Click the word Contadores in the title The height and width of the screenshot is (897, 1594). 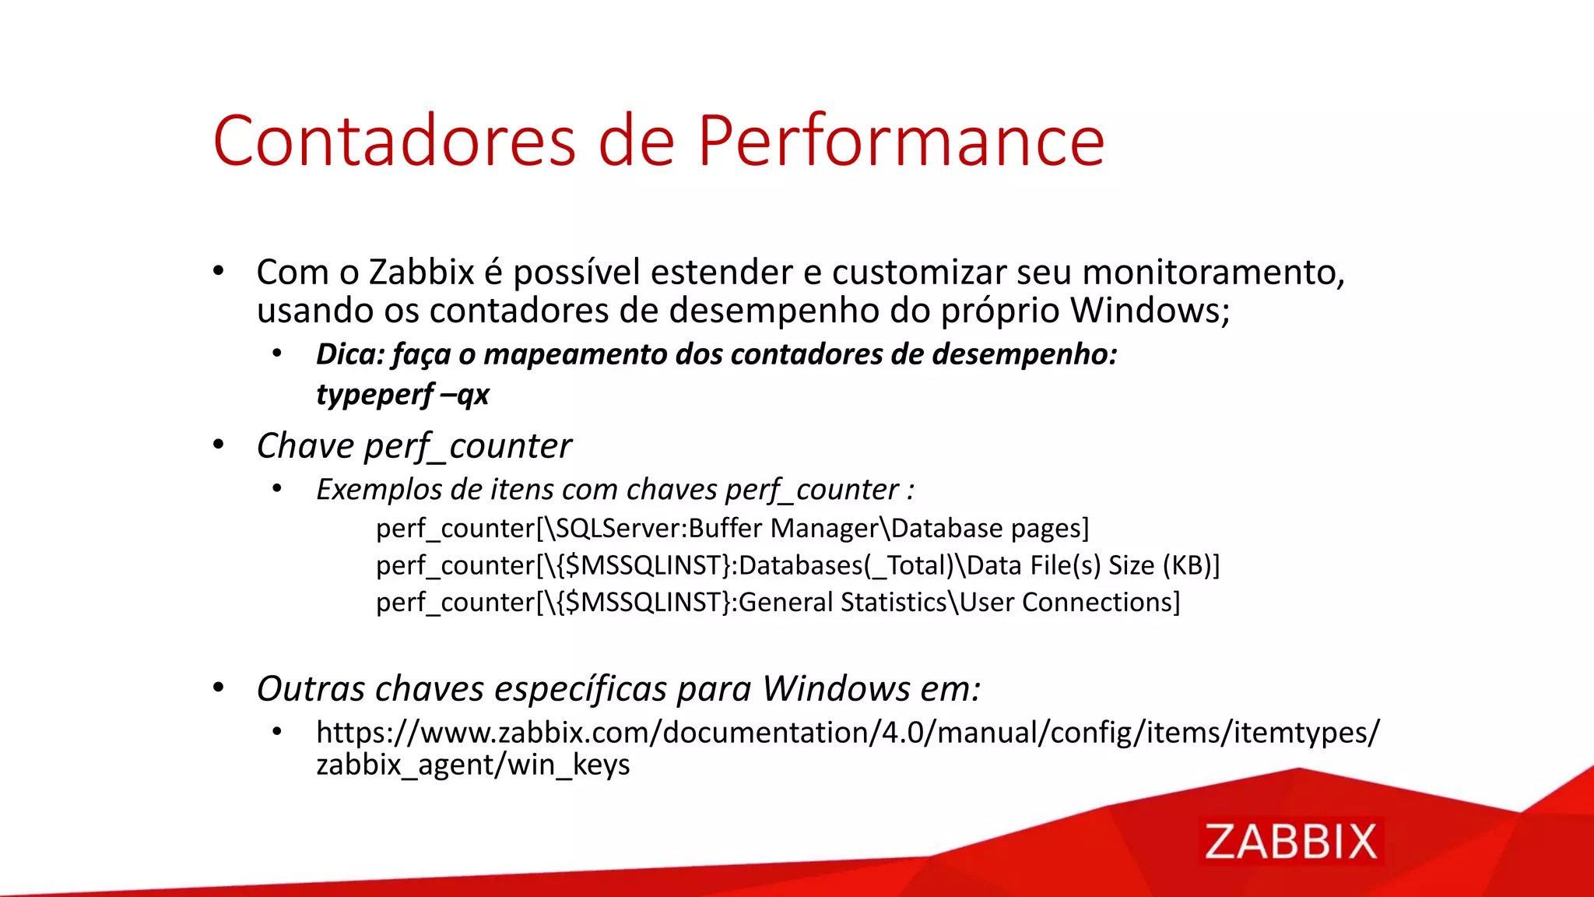[x=394, y=141]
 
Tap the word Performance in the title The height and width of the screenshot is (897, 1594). [x=901, y=141]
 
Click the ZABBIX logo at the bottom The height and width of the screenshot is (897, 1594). [x=1291, y=842]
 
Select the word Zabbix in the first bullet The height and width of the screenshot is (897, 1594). [x=421, y=273]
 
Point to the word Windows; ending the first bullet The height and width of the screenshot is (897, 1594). [x=1150, y=310]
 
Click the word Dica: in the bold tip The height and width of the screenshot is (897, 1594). [x=350, y=354]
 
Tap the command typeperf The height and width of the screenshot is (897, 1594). [x=374, y=395]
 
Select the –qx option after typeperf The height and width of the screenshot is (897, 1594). [x=465, y=395]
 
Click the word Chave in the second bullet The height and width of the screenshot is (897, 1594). [x=305, y=446]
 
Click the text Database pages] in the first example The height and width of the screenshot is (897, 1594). [x=989, y=529]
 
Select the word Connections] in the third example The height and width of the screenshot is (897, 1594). [x=1101, y=603]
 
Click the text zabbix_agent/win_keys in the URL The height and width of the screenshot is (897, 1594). [x=472, y=765]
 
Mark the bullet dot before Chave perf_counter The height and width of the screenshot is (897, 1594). [x=219, y=445]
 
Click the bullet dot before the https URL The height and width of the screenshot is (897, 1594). [x=276, y=731]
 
